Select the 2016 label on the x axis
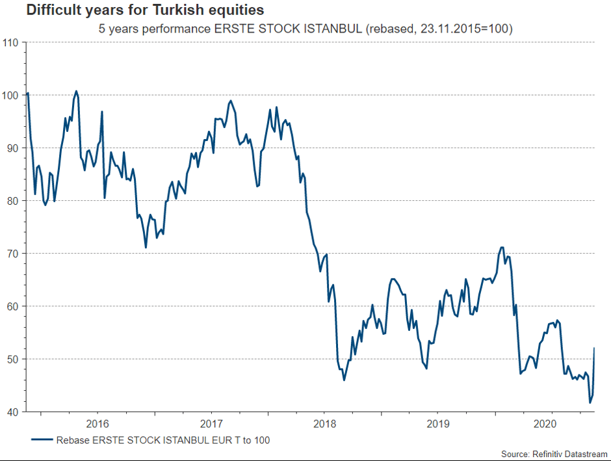[97, 423]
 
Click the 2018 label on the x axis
[324, 423]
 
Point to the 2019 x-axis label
[437, 423]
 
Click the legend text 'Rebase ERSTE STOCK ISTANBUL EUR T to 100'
[163, 440]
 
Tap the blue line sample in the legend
[41, 440]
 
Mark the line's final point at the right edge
[595, 349]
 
